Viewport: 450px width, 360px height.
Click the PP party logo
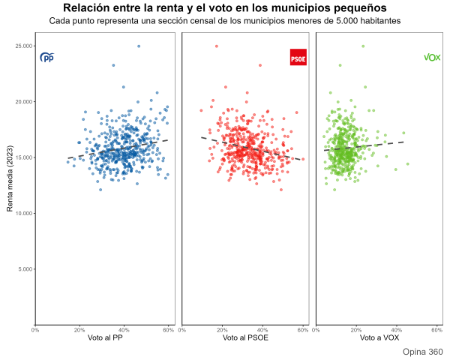(47, 57)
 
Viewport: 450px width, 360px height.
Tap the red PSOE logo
(298, 57)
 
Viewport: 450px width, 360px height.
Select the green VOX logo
(432, 57)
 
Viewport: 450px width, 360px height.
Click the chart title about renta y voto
(225, 7)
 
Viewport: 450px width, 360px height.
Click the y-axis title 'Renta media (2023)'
(10, 178)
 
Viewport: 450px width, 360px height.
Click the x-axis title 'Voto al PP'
(105, 338)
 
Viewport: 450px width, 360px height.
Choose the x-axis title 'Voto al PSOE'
(245, 338)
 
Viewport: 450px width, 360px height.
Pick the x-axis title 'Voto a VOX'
(379, 338)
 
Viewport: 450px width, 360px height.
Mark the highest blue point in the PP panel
(139, 46)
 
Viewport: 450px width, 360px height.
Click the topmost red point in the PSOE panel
(217, 46)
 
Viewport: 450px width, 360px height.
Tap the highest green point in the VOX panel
(363, 46)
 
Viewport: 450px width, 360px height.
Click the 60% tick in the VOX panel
(436, 330)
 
